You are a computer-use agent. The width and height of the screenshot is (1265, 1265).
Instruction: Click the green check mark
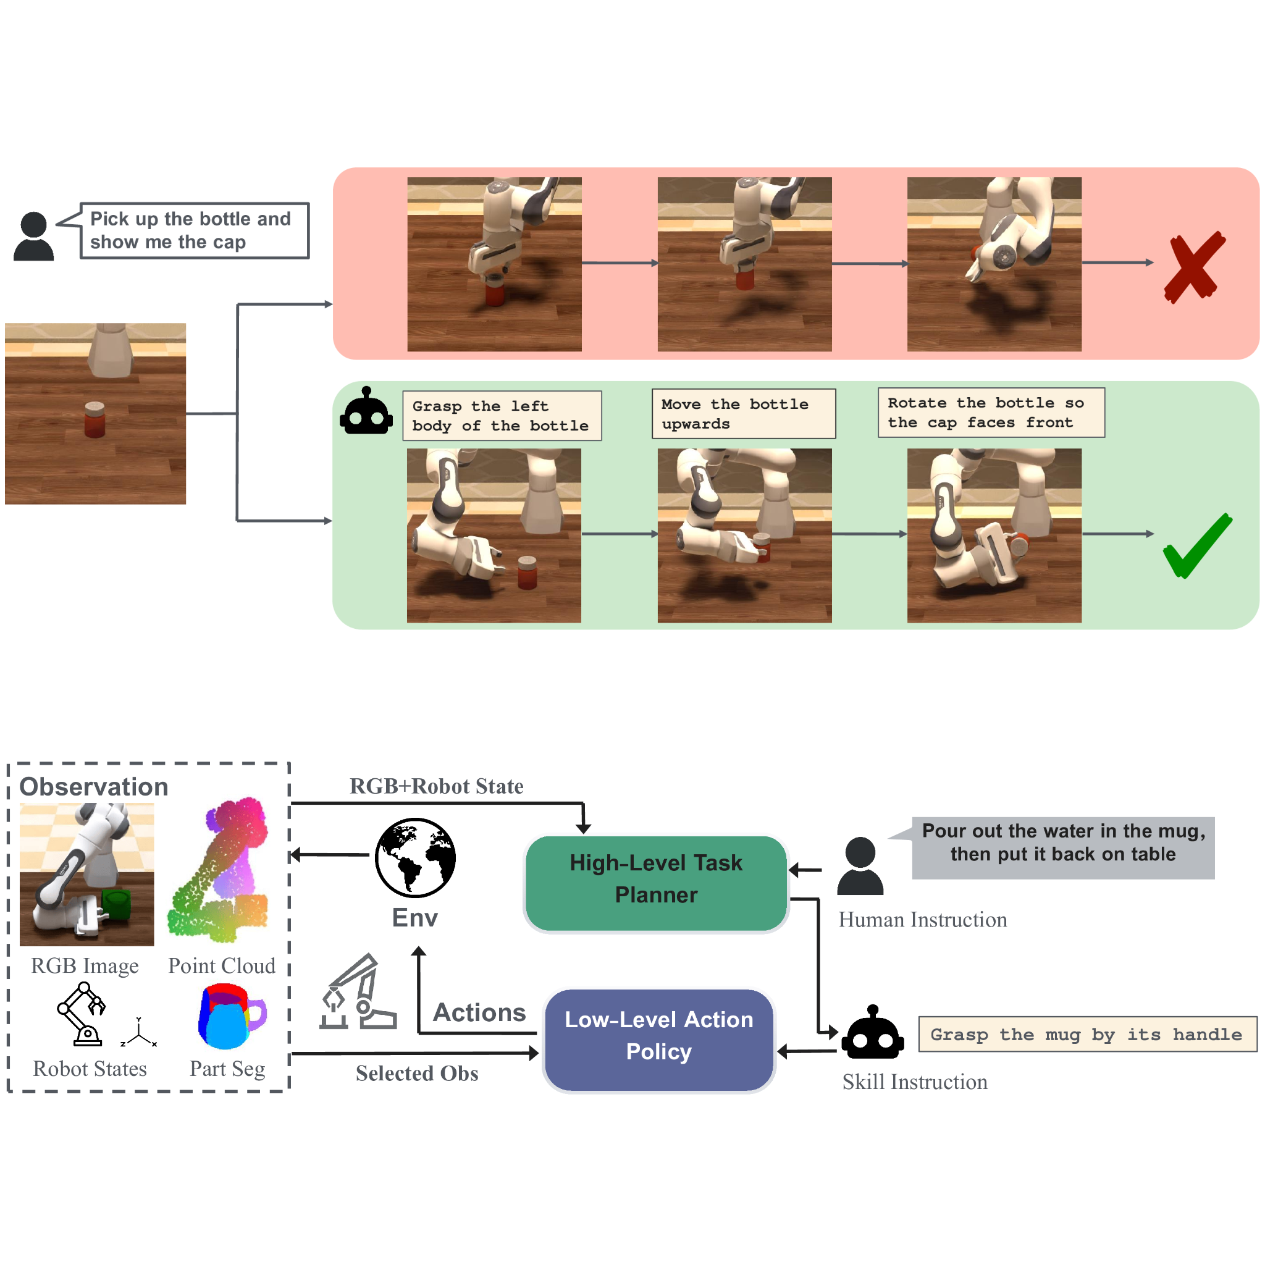1197,545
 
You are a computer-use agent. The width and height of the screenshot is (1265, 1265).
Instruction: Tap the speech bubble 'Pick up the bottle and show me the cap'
194,230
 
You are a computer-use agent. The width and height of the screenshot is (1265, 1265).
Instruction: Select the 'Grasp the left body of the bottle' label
502,416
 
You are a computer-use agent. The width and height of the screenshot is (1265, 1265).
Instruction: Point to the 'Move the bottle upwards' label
743,414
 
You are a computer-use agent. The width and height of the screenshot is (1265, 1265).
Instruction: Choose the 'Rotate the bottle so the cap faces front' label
991,413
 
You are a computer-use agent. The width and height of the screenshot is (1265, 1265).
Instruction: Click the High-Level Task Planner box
656,883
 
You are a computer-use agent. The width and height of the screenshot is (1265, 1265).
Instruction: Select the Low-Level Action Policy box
658,1040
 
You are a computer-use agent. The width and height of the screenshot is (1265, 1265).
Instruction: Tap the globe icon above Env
415,857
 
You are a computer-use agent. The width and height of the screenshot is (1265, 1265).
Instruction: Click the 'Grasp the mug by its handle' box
1087,1034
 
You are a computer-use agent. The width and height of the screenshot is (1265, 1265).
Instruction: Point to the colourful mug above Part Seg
230,1017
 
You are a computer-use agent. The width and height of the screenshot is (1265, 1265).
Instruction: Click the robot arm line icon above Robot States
83,1014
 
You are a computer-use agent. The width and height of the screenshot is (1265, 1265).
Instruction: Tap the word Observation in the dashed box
94,786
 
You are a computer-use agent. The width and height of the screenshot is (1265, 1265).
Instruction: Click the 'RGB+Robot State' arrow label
436,786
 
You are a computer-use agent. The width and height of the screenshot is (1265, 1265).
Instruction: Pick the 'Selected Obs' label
416,1073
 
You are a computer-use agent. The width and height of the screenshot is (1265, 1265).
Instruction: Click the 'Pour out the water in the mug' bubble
1062,847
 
